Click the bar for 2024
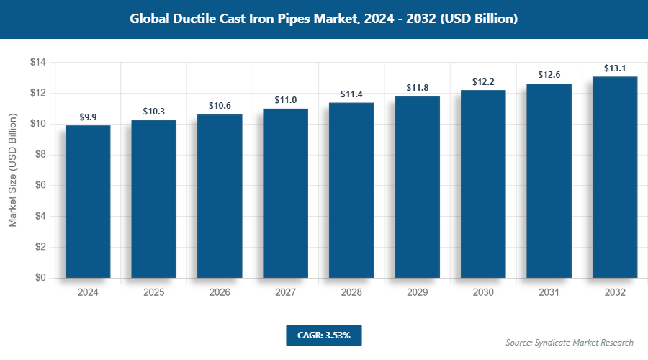(x=88, y=202)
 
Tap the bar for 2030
(x=483, y=184)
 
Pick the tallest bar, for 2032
(x=615, y=176)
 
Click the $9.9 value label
(x=88, y=117)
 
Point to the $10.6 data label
(x=220, y=106)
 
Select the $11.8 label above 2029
(x=418, y=88)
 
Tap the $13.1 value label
(x=615, y=68)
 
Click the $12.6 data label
(x=549, y=75)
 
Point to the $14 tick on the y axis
(x=37, y=63)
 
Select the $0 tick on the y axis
(x=40, y=278)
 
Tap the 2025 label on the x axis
(x=154, y=293)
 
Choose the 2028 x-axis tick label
(x=351, y=293)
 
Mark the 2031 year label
(x=549, y=293)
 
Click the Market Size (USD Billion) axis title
(x=12, y=171)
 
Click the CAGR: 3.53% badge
(x=323, y=335)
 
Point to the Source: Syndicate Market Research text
(x=570, y=342)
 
